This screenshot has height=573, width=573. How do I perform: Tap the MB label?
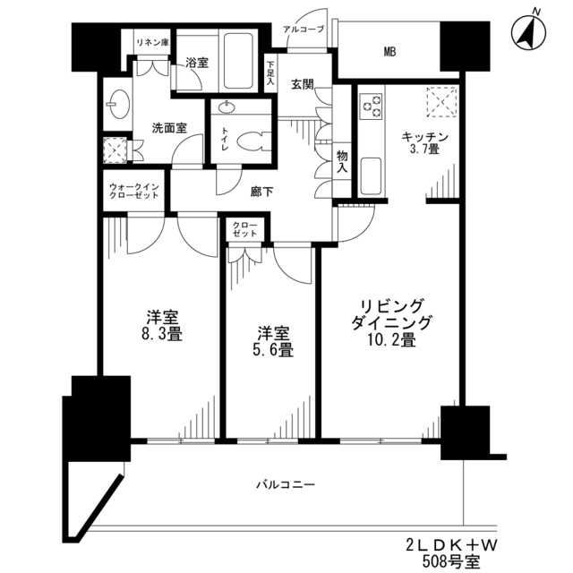(389, 52)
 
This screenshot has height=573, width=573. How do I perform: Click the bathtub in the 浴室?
(235, 59)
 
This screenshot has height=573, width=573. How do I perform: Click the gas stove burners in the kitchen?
(371, 106)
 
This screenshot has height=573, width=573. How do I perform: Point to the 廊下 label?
(261, 191)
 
